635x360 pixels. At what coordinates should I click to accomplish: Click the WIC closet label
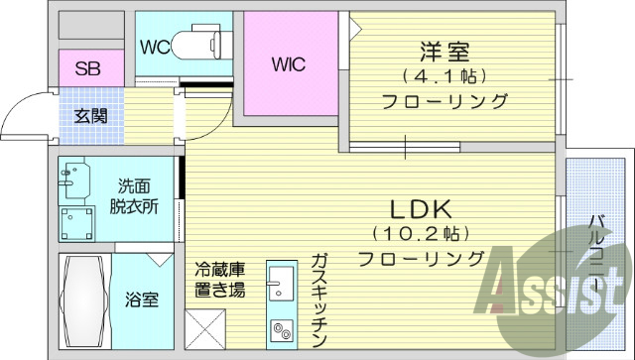pyautogui.click(x=289, y=65)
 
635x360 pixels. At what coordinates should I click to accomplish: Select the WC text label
pyautogui.click(x=154, y=47)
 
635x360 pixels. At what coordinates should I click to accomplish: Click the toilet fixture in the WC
pyautogui.click(x=197, y=44)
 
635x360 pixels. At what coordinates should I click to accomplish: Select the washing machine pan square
pyautogui.click(x=76, y=224)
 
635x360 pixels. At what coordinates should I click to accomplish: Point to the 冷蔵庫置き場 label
pyautogui.click(x=220, y=282)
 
